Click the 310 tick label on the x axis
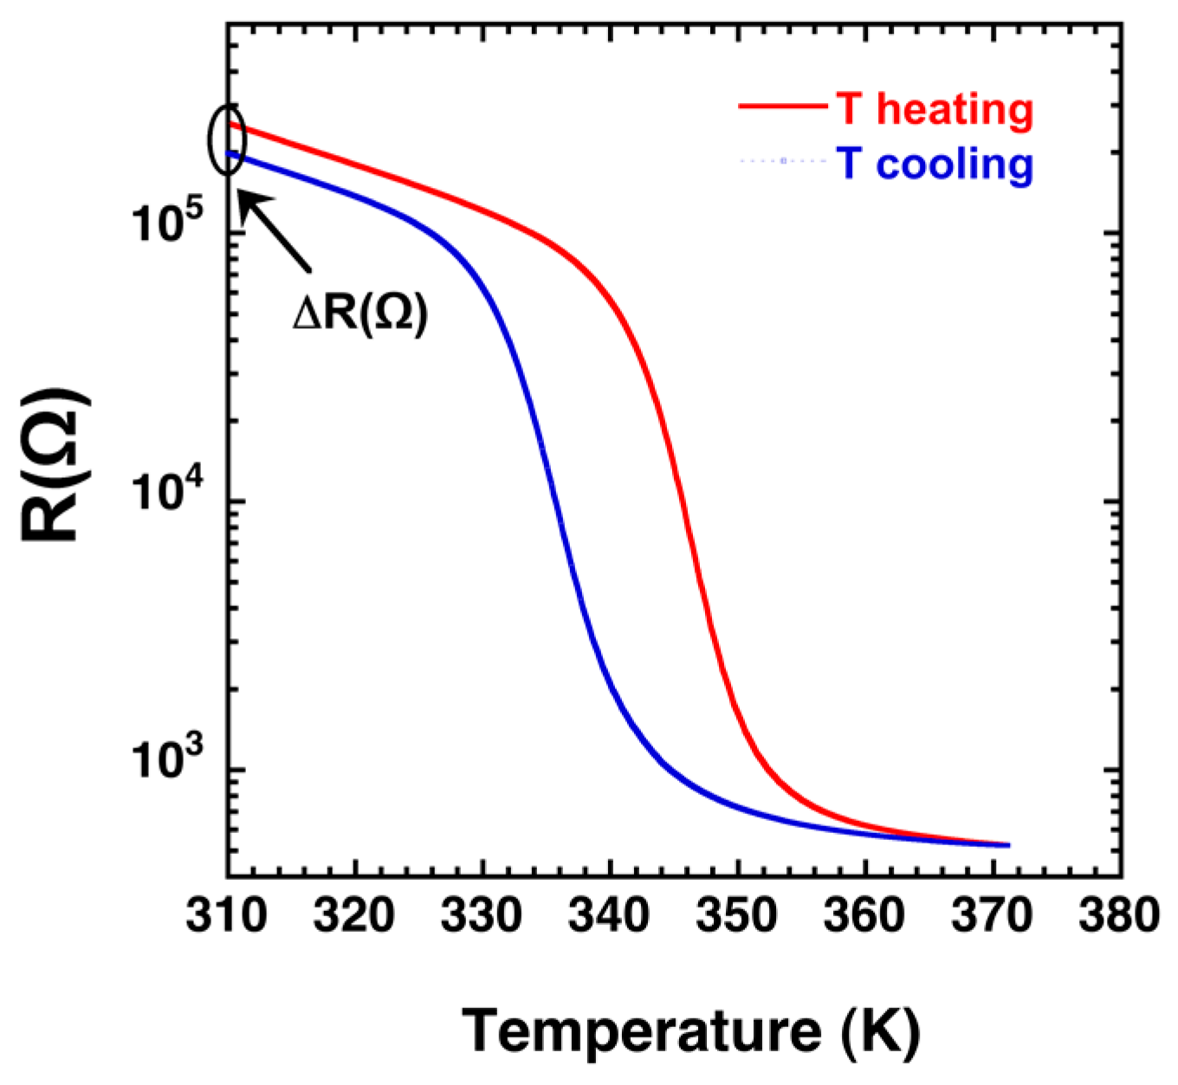[x=227, y=915]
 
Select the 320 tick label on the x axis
[x=354, y=915]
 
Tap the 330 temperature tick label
[x=482, y=915]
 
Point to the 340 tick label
[x=610, y=915]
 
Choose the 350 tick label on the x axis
[x=737, y=915]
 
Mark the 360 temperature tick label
[x=864, y=915]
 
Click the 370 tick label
[x=992, y=915]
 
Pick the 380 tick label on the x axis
[x=1118, y=915]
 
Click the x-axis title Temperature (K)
[x=690, y=1031]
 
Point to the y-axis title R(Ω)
[x=54, y=465]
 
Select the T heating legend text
[x=935, y=109]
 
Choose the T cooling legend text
[x=935, y=163]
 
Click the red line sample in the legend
[x=781, y=107]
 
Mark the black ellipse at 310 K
[x=228, y=139]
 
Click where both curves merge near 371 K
[x=1007, y=844]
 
